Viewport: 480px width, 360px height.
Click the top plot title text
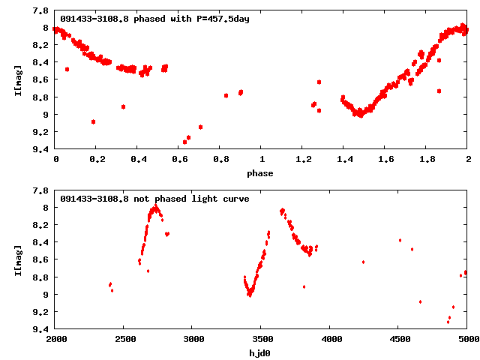(154, 19)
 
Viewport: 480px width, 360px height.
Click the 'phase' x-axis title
(262, 173)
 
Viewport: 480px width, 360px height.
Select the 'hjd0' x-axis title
(262, 353)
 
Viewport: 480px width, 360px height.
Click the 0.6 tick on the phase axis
(179, 160)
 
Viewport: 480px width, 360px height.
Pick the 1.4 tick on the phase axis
(344, 160)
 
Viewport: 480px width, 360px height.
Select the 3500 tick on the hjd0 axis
(262, 340)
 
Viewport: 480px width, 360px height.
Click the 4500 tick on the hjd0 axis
(399, 340)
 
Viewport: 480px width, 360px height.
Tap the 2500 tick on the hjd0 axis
(124, 340)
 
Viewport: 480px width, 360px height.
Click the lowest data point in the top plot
(184, 142)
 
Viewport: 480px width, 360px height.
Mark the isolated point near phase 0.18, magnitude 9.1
(93, 121)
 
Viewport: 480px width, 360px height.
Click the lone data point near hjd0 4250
(364, 262)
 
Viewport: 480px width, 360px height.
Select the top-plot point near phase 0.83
(226, 95)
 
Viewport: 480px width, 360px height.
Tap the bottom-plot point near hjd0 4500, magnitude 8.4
(400, 240)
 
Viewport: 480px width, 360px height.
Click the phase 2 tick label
(467, 160)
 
